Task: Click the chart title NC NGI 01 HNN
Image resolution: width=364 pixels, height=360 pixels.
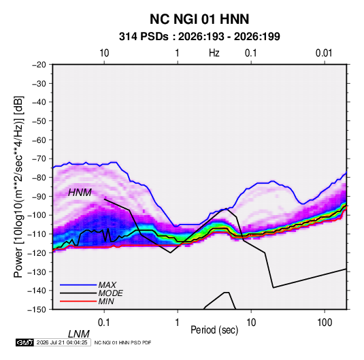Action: [199, 19]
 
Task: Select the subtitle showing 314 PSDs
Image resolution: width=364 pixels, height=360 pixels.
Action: [199, 37]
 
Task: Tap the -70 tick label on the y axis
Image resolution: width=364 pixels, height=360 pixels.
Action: [39, 159]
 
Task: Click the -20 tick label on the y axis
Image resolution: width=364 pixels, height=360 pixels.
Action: [39, 65]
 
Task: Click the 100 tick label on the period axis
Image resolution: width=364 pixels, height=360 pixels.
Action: [325, 323]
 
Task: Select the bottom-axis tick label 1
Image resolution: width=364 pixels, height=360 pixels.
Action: [178, 323]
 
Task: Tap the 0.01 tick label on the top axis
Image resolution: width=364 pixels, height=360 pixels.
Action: [324, 53]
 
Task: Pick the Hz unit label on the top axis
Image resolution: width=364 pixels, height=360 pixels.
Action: [214, 53]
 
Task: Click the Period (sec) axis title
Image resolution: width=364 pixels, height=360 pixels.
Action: [214, 330]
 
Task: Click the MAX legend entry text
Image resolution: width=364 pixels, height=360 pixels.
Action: [107, 285]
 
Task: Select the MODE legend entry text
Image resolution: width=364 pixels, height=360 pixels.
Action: [110, 293]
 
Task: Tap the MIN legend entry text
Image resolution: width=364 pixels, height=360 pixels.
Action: [106, 301]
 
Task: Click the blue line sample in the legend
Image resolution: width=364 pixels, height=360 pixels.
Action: [78, 285]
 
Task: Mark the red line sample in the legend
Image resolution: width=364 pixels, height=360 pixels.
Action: [78, 301]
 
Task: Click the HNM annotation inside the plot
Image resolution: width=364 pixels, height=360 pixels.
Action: [80, 193]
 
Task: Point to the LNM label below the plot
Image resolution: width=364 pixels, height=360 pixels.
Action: [79, 334]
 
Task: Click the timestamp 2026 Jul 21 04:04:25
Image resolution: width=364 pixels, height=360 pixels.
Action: [62, 342]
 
